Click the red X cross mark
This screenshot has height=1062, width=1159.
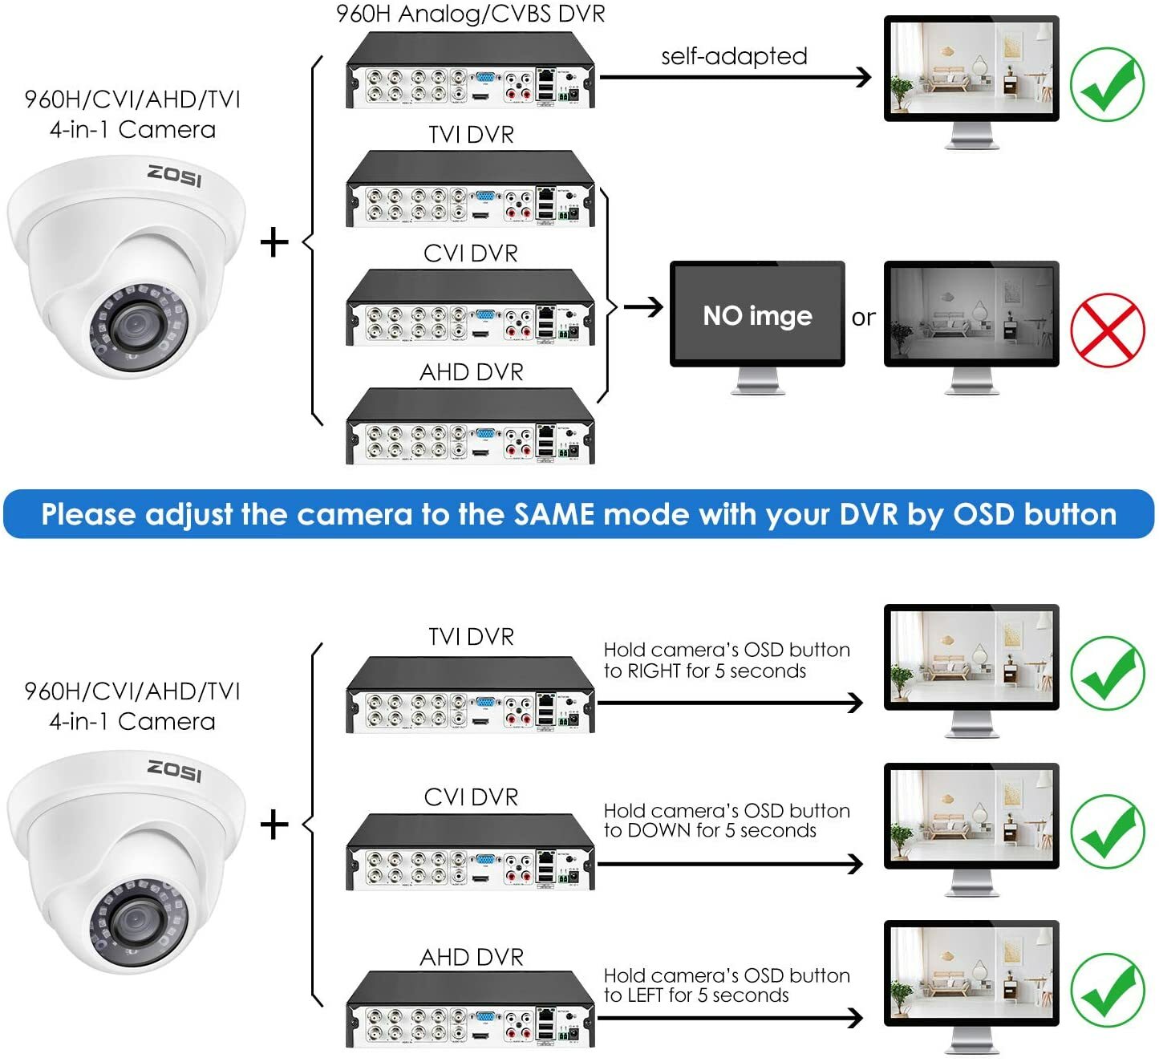click(1107, 330)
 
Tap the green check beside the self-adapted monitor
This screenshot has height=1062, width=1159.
click(1107, 85)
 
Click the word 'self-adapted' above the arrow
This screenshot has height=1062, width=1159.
click(734, 56)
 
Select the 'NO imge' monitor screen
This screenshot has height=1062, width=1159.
click(757, 314)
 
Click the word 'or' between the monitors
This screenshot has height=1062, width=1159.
click(864, 318)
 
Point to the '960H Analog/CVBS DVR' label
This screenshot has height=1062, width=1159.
click(471, 14)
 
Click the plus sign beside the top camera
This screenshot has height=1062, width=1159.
click(274, 242)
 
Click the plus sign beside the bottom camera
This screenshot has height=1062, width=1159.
click(274, 825)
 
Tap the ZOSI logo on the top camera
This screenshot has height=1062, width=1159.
click(174, 175)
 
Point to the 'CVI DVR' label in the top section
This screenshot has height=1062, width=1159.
click(471, 253)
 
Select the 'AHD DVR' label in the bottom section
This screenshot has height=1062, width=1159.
click(471, 957)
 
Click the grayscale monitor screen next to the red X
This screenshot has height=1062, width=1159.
click(971, 313)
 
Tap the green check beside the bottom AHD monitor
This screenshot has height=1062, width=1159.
click(1107, 990)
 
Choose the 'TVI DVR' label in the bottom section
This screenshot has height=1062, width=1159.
click(471, 637)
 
